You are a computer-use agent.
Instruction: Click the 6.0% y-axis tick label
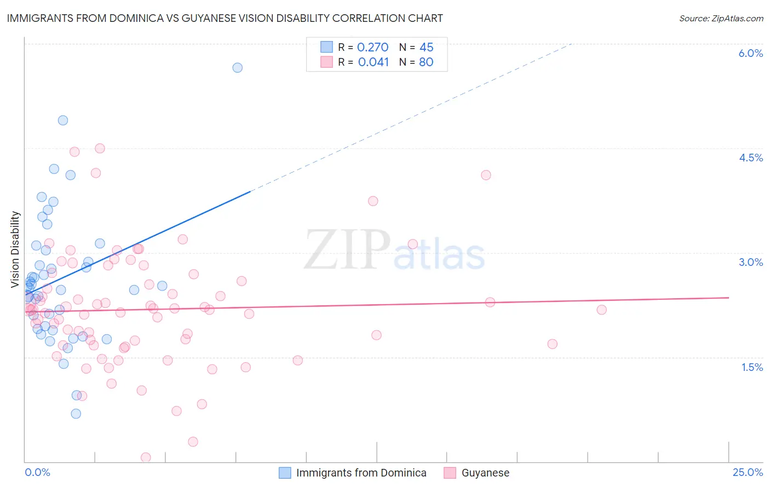point(750,53)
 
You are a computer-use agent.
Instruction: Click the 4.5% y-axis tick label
point(750,158)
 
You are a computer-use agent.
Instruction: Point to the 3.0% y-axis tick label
point(750,262)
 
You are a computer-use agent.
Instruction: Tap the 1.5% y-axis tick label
point(752,367)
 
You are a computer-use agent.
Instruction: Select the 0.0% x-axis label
point(37,472)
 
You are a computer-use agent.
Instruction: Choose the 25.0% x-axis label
point(748,472)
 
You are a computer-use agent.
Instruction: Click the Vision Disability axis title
point(15,249)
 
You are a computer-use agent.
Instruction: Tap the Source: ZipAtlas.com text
point(721,19)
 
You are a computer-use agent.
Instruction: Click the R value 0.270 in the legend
point(372,47)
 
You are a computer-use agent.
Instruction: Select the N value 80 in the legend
point(426,62)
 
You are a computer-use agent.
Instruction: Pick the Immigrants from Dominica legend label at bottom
point(361,473)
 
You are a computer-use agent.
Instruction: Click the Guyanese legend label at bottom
point(485,473)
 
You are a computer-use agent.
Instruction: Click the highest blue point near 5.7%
point(237,68)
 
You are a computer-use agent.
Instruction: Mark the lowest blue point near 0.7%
point(76,414)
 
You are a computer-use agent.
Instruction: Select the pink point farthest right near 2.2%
point(601,310)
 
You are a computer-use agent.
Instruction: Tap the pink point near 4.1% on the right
point(486,175)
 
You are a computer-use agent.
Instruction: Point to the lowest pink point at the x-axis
point(146,457)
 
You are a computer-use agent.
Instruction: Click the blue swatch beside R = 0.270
point(326,47)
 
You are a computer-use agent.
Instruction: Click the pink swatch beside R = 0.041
point(326,62)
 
